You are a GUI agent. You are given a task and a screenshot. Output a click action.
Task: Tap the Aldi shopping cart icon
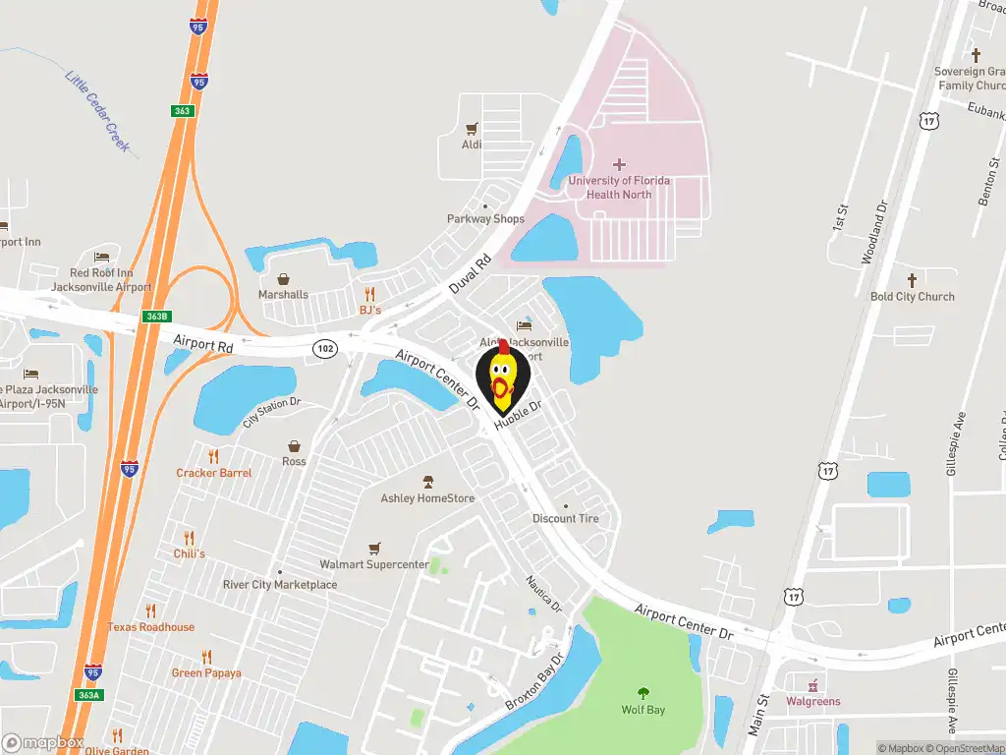[472, 128]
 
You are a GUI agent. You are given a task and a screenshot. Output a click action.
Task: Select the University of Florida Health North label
[619, 187]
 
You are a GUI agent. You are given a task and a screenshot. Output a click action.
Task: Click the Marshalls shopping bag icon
[283, 279]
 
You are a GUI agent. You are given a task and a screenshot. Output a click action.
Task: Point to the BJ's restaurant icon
[369, 293]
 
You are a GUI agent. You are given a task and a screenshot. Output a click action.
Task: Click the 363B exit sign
[156, 317]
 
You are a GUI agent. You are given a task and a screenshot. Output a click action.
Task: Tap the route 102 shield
[325, 349]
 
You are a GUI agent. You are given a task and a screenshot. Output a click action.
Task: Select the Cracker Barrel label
[214, 473]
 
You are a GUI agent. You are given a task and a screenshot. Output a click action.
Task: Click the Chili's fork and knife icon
[189, 538]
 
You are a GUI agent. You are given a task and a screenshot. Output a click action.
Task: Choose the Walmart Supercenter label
[374, 564]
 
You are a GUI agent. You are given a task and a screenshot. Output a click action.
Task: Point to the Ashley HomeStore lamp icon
[427, 482]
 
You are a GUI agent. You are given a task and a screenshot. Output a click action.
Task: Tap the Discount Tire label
[565, 518]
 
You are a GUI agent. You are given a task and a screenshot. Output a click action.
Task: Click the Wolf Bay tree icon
[643, 693]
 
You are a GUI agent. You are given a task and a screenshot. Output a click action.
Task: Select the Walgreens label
[813, 701]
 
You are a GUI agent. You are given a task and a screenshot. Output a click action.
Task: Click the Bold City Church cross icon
[912, 279]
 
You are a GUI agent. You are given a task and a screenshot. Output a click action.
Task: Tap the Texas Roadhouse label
[151, 627]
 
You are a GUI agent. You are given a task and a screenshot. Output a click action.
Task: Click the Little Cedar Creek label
[97, 110]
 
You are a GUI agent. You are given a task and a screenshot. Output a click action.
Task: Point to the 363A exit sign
[88, 695]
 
